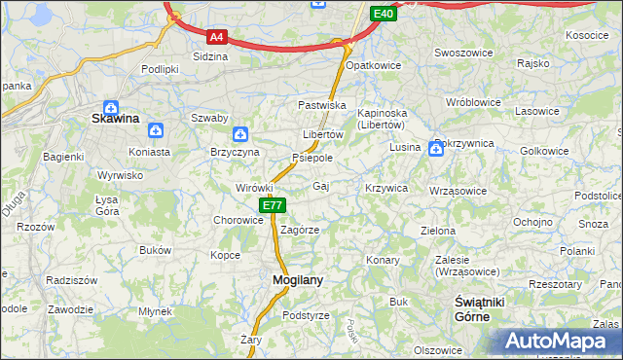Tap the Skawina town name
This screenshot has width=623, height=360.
[x=115, y=119]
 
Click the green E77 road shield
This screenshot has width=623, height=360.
[x=272, y=205]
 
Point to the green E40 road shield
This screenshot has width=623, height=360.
[x=383, y=14]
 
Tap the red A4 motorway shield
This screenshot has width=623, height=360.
[x=217, y=38]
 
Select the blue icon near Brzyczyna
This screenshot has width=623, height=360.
[x=240, y=134]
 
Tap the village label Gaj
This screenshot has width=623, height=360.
[x=320, y=186]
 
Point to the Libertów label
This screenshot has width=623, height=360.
[x=322, y=134]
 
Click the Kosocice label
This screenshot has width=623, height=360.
[x=586, y=35]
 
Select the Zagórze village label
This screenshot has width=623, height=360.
[x=300, y=231]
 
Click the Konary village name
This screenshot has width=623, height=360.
[x=383, y=260]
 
